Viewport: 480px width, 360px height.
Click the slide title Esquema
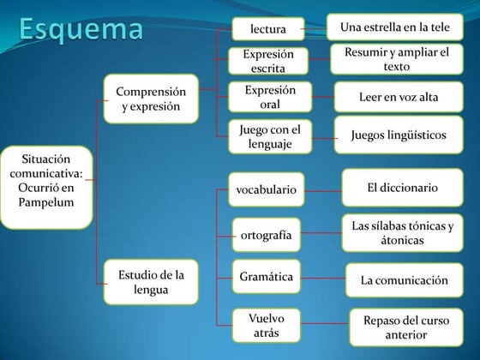click(x=82, y=29)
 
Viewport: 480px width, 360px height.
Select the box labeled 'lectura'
click(x=267, y=29)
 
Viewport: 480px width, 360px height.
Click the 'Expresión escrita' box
click(x=267, y=61)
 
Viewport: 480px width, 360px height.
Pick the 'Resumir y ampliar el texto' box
click(x=396, y=59)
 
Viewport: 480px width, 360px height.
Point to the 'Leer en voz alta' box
click(x=398, y=97)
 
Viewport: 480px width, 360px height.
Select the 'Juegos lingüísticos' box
click(x=398, y=135)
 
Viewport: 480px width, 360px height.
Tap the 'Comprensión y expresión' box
click(x=150, y=99)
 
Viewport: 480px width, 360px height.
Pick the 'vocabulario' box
click(x=266, y=189)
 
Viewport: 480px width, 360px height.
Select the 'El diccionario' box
click(x=402, y=187)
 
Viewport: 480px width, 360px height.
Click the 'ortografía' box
click(x=266, y=234)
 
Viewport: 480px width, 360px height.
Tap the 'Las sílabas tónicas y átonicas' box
click(x=402, y=233)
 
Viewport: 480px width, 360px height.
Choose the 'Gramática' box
click(x=266, y=277)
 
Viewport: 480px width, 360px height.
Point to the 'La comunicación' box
click(x=404, y=279)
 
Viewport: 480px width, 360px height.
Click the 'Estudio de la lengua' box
click(x=150, y=282)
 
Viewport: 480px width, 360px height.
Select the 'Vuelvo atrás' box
click(x=266, y=325)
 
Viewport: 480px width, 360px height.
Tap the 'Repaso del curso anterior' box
click(x=405, y=327)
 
